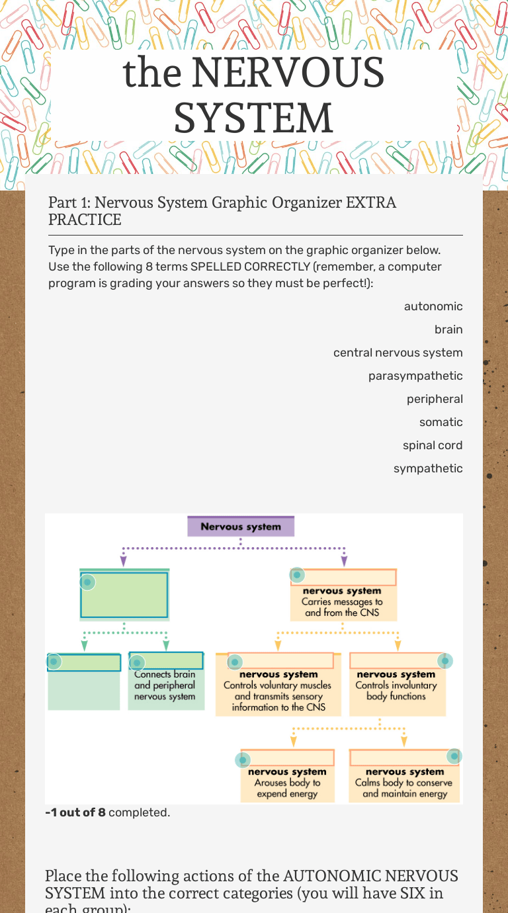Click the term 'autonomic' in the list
[x=433, y=306]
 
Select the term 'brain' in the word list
[x=448, y=329]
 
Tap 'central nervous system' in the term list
[x=398, y=353]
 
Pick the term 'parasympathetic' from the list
[x=415, y=376]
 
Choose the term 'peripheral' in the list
[x=435, y=399]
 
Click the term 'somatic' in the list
[x=441, y=422]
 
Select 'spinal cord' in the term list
[x=433, y=445]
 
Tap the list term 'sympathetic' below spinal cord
[x=428, y=468]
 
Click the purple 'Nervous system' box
[x=241, y=527]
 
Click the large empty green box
[x=124, y=594]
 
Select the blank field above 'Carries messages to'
[x=343, y=577]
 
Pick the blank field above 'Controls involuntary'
[x=396, y=660]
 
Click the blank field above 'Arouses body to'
[x=287, y=758]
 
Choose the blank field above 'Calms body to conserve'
[x=404, y=758]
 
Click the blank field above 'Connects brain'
[x=165, y=661]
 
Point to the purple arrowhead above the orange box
[x=344, y=562]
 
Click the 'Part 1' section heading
[x=222, y=210]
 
